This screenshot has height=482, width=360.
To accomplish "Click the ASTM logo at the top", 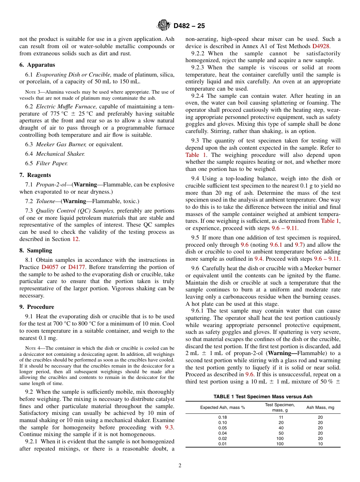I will coord(164,26).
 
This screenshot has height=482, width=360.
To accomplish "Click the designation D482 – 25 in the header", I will coord(189,26).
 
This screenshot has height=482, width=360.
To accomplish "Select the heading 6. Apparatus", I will coord(37,65).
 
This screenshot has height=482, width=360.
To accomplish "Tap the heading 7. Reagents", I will coord(35,175).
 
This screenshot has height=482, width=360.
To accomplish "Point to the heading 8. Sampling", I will coord(36,250).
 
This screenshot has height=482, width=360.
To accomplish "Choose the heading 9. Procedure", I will coord(37,307).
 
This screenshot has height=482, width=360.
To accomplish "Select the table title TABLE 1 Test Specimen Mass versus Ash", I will coord(263,397).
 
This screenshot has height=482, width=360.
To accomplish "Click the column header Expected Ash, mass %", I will coord(222,407).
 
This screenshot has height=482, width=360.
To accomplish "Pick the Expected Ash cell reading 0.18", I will coord(222,417).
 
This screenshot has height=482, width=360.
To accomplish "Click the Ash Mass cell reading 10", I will coord(320,444).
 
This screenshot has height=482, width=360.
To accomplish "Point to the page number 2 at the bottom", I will coord(180,466).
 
